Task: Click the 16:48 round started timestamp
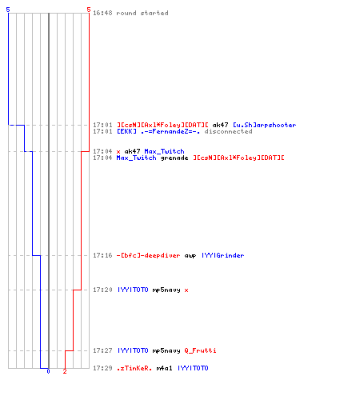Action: point(102,13)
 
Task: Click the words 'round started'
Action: point(142,13)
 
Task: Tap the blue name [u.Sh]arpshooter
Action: point(265,125)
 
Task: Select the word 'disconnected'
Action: point(228,131)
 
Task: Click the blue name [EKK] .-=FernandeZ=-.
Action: point(158,131)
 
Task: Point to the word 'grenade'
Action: point(174,158)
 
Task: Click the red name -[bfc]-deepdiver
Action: point(148,255)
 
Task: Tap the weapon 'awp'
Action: point(190,256)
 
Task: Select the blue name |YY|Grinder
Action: point(222,255)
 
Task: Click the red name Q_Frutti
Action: point(200,350)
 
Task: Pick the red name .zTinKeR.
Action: point(134,368)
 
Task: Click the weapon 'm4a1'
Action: point(164,368)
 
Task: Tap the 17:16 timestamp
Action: point(102,255)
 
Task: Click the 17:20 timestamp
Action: point(102,290)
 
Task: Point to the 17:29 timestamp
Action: point(102,368)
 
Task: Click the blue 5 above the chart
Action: point(8,10)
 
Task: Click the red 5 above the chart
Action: point(89,10)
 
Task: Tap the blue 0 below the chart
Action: point(48,371)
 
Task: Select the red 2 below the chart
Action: point(65,371)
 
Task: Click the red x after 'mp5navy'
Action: point(186,290)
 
